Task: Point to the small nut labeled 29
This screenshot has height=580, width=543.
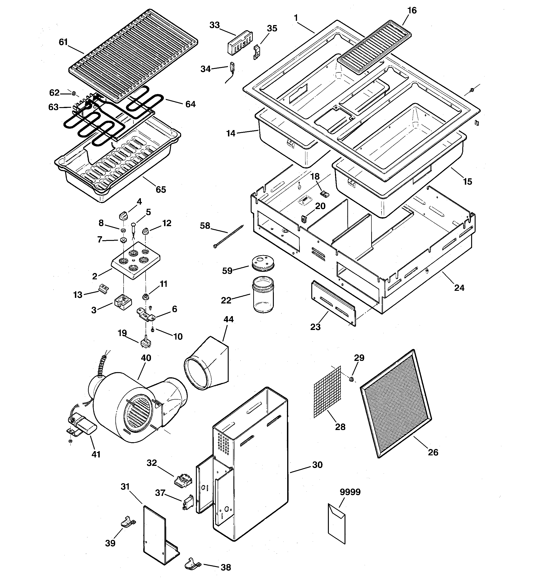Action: point(352,379)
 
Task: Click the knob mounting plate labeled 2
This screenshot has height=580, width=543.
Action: point(136,259)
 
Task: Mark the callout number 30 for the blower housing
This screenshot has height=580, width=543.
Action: point(317,465)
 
